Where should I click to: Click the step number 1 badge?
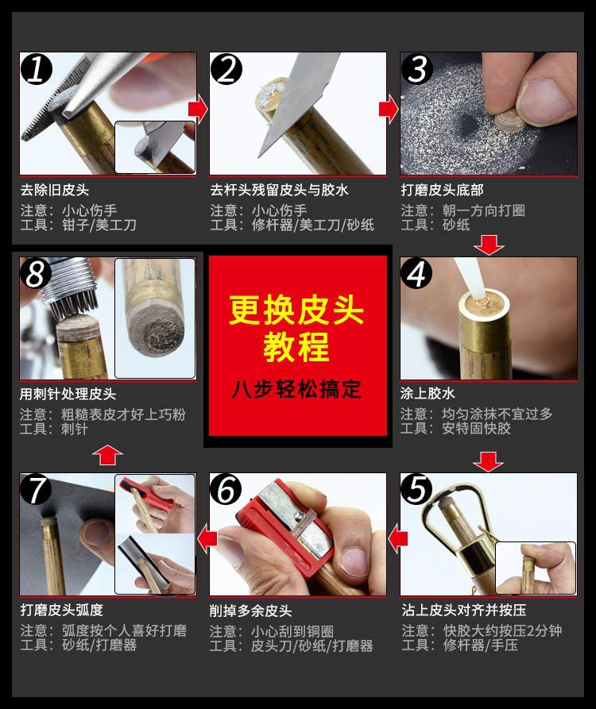coord(37,69)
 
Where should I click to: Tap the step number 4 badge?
coord(416,273)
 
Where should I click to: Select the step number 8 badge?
coord(37,273)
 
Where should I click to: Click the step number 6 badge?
coord(226,489)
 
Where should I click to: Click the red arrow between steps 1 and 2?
coord(198,109)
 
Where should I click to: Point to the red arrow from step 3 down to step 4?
coord(489,245)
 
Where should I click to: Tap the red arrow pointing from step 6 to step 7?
coord(207,538)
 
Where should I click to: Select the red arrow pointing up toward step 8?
coord(108,454)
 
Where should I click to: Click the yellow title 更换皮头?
coord(296,310)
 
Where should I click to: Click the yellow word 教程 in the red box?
coord(296,346)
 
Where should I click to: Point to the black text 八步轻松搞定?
coord(297,389)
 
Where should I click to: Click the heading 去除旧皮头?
coord(55,190)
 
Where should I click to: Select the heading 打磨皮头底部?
coord(442,190)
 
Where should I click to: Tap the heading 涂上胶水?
coord(428,393)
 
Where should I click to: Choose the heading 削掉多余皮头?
coord(250,611)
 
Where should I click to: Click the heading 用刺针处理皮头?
coord(68,394)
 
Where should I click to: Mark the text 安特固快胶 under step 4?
coord(477,428)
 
